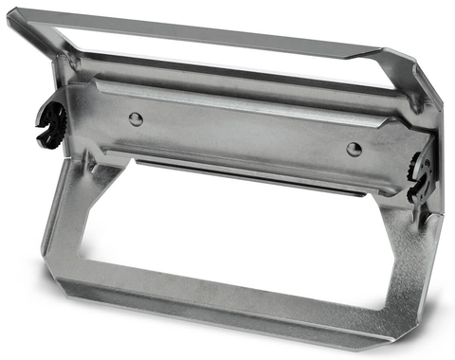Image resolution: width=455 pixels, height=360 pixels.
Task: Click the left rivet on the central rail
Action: (x=136, y=118)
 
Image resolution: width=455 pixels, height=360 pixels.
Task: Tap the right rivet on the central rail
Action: (x=354, y=149)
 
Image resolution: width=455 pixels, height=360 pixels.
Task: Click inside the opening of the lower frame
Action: (x=237, y=237)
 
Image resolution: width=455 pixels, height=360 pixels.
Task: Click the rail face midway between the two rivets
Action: (x=245, y=133)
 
